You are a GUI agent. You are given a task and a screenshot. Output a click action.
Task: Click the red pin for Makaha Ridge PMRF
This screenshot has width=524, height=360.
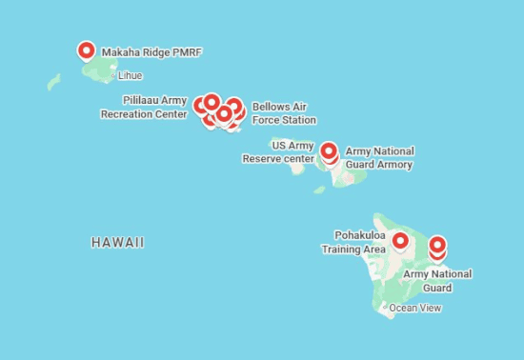click(86, 51)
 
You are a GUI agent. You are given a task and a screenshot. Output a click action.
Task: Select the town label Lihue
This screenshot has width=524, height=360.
click(131, 73)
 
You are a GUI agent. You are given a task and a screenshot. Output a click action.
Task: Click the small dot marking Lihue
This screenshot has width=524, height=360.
click(113, 73)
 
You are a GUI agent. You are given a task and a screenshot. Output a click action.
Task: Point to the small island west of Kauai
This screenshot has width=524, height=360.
click(53, 82)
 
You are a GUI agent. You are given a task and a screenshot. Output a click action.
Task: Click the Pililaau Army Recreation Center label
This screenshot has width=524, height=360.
click(143, 107)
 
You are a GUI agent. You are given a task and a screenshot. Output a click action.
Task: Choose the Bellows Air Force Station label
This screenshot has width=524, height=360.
click(284, 113)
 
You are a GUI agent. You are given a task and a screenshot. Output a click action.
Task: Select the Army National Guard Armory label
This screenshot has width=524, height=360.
click(379, 157)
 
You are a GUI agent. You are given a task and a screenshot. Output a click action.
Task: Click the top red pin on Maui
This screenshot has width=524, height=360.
click(329, 150)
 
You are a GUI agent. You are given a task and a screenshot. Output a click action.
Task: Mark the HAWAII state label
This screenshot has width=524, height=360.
click(118, 243)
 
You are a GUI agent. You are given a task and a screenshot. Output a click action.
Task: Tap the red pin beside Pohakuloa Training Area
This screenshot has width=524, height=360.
click(400, 241)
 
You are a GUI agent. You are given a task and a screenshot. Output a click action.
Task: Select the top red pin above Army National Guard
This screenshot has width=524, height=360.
click(437, 245)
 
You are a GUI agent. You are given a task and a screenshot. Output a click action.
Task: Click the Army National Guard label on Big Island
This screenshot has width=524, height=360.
click(437, 281)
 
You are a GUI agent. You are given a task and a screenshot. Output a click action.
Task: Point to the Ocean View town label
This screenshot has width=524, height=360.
click(415, 308)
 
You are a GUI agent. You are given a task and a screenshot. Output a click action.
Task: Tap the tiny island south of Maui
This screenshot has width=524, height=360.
click(320, 190)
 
